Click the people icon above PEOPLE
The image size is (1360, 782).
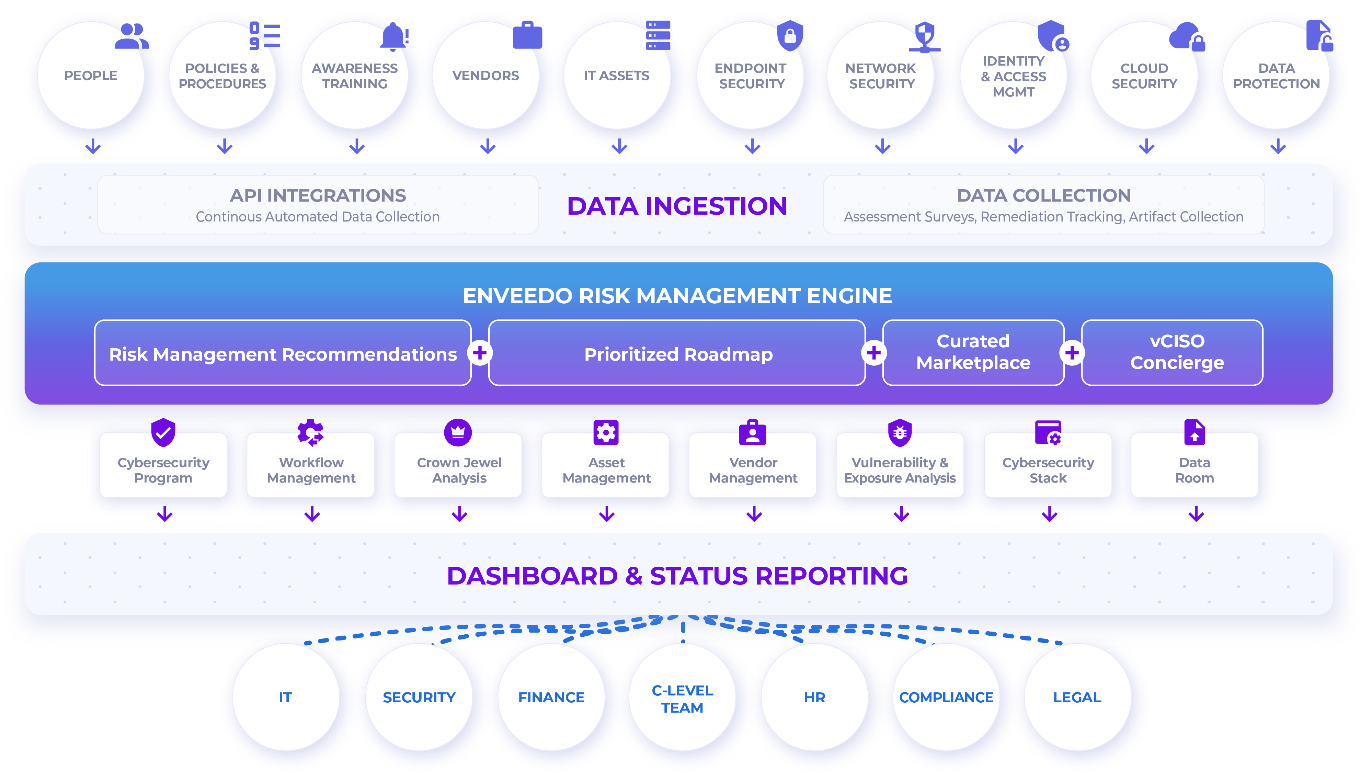pyautogui.click(x=131, y=36)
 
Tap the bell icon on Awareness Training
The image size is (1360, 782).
pyautogui.click(x=393, y=36)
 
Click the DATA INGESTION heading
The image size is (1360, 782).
pyautogui.click(x=677, y=206)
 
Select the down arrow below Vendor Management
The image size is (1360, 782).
pyautogui.click(x=754, y=514)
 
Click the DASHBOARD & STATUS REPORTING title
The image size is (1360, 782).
pyautogui.click(x=677, y=576)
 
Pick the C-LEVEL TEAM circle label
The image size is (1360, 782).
pyautogui.click(x=683, y=699)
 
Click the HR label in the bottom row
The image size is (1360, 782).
pyautogui.click(x=814, y=697)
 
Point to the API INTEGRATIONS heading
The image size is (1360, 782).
pyautogui.click(x=318, y=195)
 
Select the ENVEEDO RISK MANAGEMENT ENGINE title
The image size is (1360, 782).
pyautogui.click(x=677, y=296)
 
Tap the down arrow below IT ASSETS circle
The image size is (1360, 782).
pyautogui.click(x=619, y=146)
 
